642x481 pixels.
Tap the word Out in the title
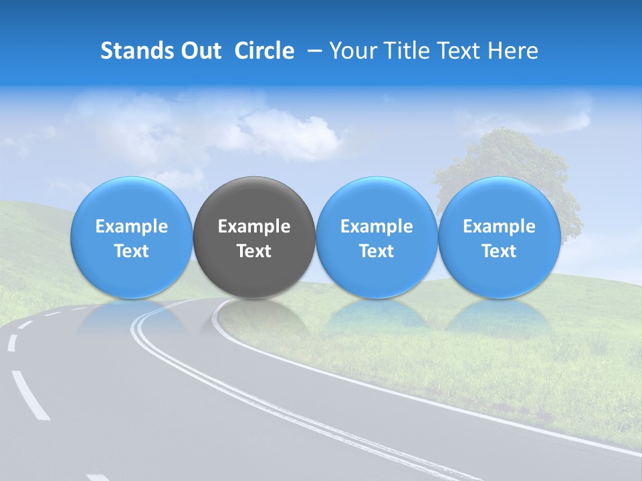pos(199,51)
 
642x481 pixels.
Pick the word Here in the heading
pos(513,51)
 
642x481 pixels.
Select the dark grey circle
pos(254,200)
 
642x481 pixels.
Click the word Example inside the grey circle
pos(254,226)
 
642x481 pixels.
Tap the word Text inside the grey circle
pos(254,251)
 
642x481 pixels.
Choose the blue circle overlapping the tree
pos(500,200)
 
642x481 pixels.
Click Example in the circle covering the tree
pos(500,226)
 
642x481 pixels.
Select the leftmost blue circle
pos(131,200)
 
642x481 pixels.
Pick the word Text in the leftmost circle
pos(131,251)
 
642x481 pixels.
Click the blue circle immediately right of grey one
pos(377,200)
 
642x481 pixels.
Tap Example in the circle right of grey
pos(377,226)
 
